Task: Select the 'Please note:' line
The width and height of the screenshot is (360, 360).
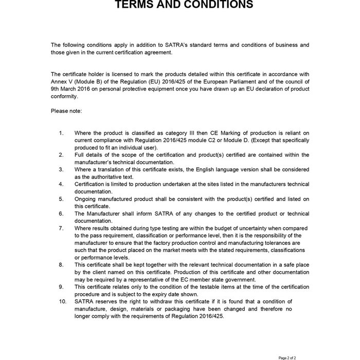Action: pyautogui.click(x=66, y=111)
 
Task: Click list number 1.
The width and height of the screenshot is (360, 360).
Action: pyautogui.click(x=61, y=133)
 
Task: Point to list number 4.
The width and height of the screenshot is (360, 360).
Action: pyautogui.click(x=61, y=184)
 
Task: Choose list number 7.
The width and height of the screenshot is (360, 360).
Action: pyautogui.click(x=61, y=227)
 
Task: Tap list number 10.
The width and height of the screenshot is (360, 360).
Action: pyautogui.click(x=62, y=301)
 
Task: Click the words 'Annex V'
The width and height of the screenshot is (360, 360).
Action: pyautogui.click(x=62, y=81)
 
